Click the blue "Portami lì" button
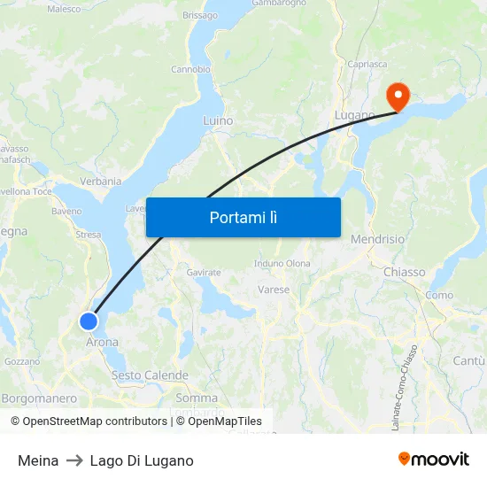pyautogui.click(x=243, y=217)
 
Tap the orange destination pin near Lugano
pyautogui.click(x=397, y=96)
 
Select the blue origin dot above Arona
pyautogui.click(x=89, y=321)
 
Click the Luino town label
pyautogui.click(x=218, y=120)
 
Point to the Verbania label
pyautogui.click(x=101, y=181)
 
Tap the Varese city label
pyautogui.click(x=274, y=290)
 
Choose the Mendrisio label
pyautogui.click(x=378, y=240)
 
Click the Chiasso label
pyautogui.click(x=404, y=272)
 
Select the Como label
pyautogui.click(x=439, y=295)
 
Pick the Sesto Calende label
pyautogui.click(x=150, y=375)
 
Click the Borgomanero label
pyautogui.click(x=39, y=398)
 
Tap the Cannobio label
pyautogui.click(x=190, y=69)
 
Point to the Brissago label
pyautogui.click(x=199, y=16)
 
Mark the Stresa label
pyautogui.click(x=89, y=235)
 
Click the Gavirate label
pyautogui.click(x=204, y=273)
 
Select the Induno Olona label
pyautogui.click(x=282, y=264)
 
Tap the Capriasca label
pyautogui.click(x=367, y=64)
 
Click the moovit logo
pyautogui.click(x=434, y=459)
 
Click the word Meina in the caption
pyautogui.click(x=38, y=460)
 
